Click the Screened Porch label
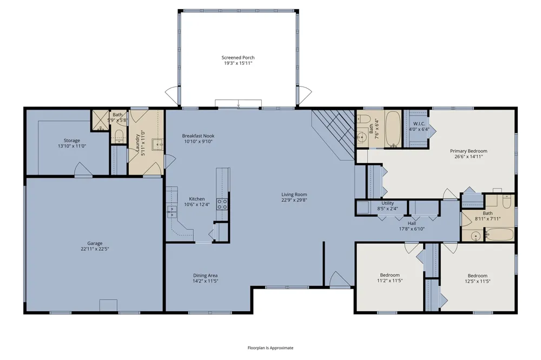point(237,58)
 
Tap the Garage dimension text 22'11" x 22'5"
point(95,249)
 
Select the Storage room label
point(72,141)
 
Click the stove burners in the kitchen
point(222,204)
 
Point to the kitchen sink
point(172,212)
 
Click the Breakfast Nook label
point(198,136)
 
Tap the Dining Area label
point(205,276)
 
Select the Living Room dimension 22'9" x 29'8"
point(294,200)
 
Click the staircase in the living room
point(333,135)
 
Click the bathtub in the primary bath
point(393,129)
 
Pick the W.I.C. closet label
point(419,124)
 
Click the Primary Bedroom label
point(469,151)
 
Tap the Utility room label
point(388,203)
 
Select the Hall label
point(412,223)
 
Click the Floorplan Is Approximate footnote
point(270,348)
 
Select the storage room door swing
point(83,169)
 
